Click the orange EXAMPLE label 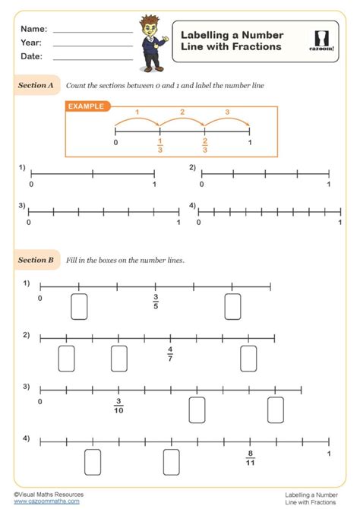point(86,107)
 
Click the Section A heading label point(36,86)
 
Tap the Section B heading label point(36,260)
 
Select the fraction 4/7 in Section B point(170,353)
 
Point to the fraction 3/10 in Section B point(118,406)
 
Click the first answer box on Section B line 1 point(79,305)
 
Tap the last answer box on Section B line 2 point(248,358)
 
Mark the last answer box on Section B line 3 point(276,409)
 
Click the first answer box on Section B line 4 point(93,461)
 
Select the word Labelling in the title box point(203,35)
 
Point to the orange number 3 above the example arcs point(227,112)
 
